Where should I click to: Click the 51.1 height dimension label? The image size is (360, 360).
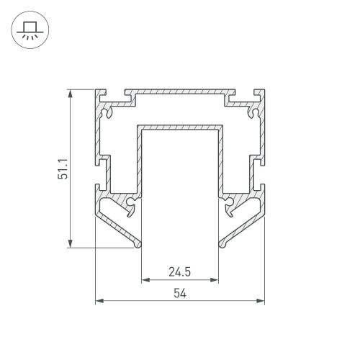pyautogui.click(x=63, y=168)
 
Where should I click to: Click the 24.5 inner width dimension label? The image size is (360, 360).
pyautogui.click(x=180, y=272)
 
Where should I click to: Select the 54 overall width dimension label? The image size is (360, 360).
pyautogui.click(x=180, y=293)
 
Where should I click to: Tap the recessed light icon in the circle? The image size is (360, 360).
pyautogui.click(x=30, y=30)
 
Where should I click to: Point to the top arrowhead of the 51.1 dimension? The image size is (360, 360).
pyautogui.click(x=70, y=94)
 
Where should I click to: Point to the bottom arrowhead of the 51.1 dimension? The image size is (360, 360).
pyautogui.click(x=70, y=243)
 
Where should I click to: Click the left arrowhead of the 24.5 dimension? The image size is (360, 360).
pyautogui.click(x=145, y=280)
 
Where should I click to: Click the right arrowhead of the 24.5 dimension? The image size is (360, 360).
pyautogui.click(x=214, y=280)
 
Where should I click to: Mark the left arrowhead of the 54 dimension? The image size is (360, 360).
pyautogui.click(x=99, y=301)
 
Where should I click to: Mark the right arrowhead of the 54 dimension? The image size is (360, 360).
pyautogui.click(x=261, y=301)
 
